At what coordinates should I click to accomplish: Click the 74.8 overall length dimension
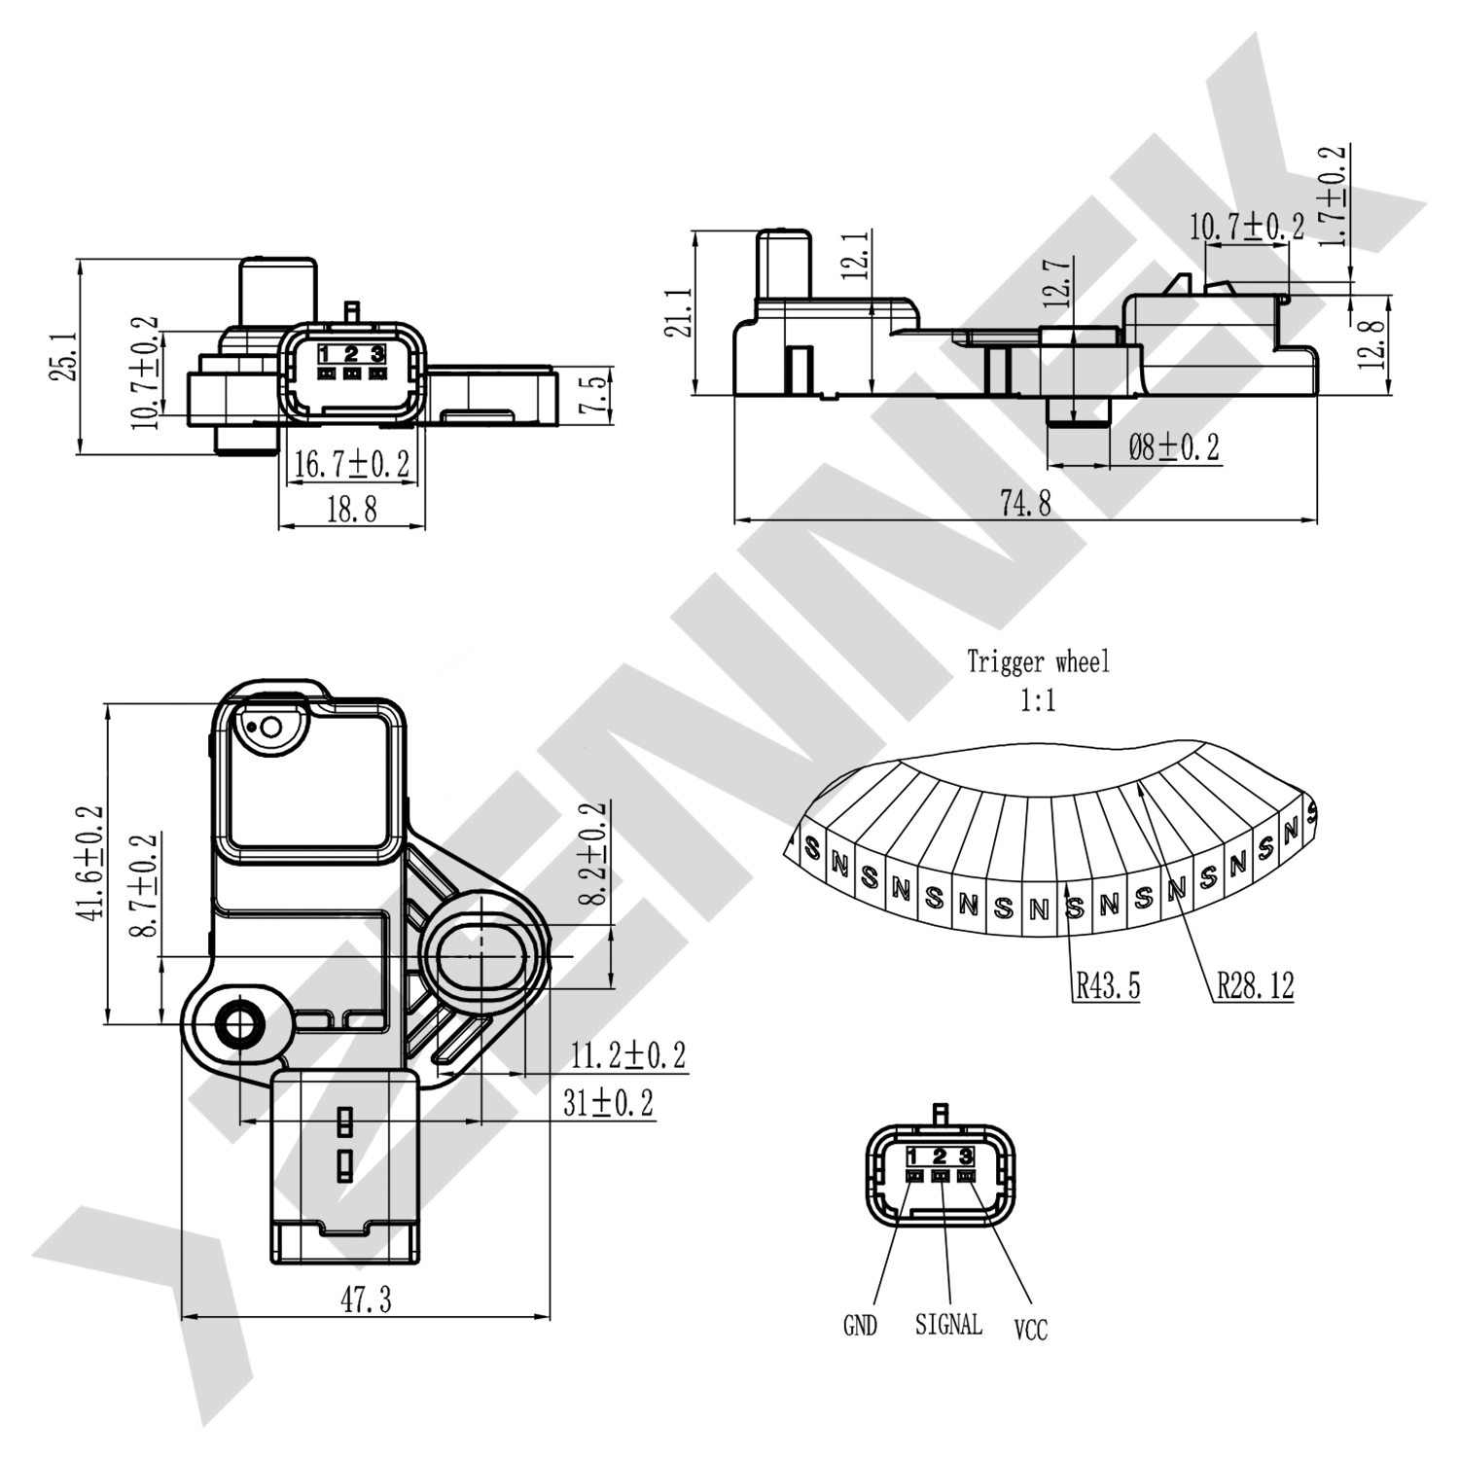1025,503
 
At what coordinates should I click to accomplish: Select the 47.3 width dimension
366,1299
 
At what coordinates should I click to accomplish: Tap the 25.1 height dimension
64,357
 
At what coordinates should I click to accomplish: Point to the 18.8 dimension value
351,509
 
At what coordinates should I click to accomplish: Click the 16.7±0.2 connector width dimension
351,465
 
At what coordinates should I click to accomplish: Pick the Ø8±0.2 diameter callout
1173,447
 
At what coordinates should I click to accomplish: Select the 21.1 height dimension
679,312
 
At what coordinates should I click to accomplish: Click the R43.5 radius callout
1107,986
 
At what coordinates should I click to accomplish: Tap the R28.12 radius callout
1256,986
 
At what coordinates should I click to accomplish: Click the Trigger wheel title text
1038,662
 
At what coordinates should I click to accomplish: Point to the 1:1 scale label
1038,700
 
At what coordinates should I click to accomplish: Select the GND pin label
860,1326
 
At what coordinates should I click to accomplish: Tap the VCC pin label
1030,1330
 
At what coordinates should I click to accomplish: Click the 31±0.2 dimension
608,1103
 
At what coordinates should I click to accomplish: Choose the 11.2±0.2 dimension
627,1055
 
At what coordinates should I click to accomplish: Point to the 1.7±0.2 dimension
1334,196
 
